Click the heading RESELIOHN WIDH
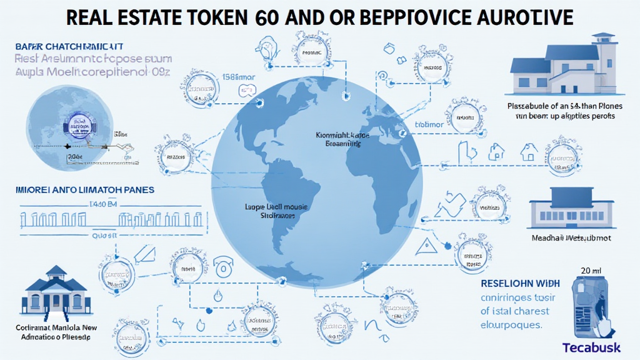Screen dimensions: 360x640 coord(521,282)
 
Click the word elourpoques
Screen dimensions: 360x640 coord(512,325)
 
